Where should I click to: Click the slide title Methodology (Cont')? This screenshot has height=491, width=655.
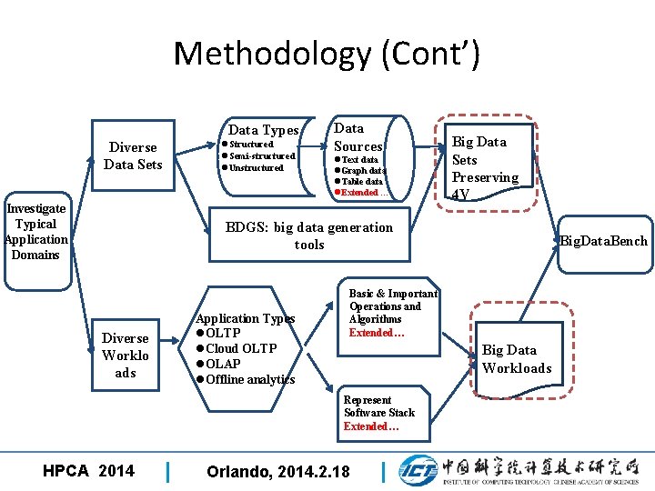327,54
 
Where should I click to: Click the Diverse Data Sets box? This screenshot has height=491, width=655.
133,155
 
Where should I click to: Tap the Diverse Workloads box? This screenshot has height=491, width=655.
126,356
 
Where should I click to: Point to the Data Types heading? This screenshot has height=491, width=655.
263,130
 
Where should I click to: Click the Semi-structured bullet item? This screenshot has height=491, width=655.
261,155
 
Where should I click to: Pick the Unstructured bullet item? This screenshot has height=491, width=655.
256,167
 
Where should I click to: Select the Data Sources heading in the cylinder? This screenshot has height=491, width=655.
358,137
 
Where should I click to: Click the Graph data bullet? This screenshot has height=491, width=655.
363,170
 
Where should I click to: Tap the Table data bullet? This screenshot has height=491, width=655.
361,181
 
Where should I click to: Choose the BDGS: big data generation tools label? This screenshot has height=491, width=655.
309,235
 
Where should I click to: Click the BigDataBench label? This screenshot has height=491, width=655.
604,241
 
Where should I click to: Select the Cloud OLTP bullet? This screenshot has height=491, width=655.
240,348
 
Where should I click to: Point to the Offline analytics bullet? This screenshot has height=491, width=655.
249,379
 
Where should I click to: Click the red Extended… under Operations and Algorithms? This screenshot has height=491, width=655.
377,333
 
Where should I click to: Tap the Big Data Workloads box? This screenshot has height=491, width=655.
516,358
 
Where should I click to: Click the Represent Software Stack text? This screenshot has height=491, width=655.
378,406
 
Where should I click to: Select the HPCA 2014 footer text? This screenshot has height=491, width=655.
88,470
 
